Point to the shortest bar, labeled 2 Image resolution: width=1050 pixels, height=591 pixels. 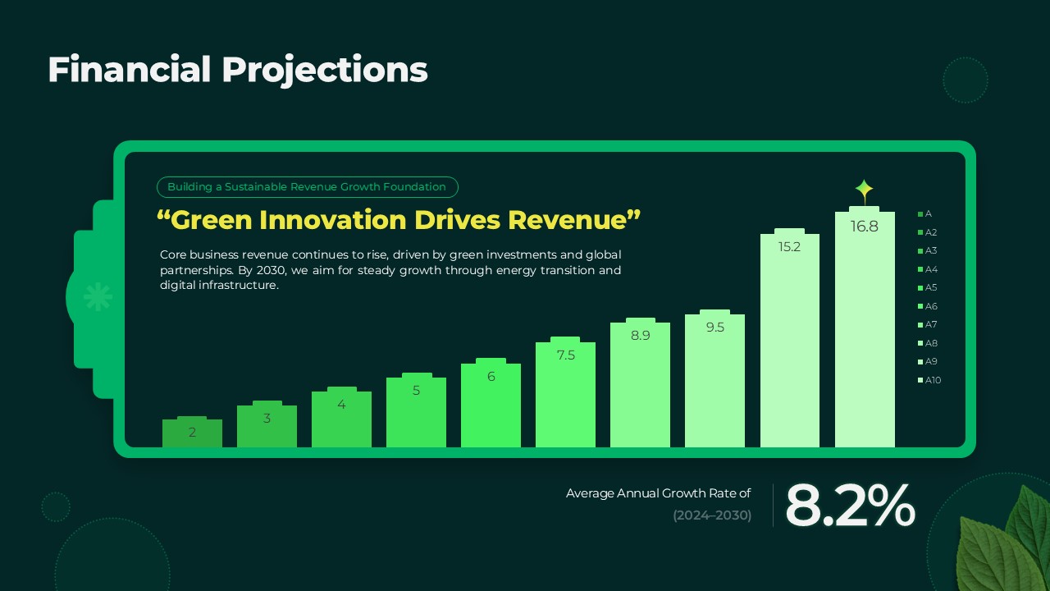[x=192, y=433]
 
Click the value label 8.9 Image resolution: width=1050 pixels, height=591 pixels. [x=641, y=335]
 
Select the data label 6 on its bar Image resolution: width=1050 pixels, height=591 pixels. [x=491, y=377]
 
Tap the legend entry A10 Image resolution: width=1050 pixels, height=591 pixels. [x=932, y=380]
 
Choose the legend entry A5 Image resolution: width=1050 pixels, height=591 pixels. [x=930, y=288]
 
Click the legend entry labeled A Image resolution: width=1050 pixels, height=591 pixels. [x=927, y=214]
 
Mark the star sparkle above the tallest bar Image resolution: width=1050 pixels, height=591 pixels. [x=864, y=191]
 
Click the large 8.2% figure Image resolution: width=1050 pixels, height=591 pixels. [x=849, y=506]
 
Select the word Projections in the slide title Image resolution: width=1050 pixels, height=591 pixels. [x=325, y=71]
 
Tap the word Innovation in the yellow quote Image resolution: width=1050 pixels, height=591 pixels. [x=333, y=220]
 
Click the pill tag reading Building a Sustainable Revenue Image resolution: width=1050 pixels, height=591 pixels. [x=307, y=187]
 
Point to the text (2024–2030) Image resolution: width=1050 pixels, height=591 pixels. [x=712, y=515]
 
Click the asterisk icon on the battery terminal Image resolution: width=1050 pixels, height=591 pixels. [x=98, y=296]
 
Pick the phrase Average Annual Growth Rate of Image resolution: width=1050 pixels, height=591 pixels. [x=658, y=493]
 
